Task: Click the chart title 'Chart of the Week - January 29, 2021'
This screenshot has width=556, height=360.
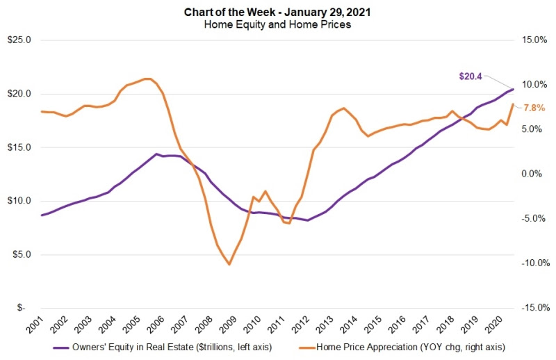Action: click(278, 12)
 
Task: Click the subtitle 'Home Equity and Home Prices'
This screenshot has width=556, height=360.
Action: click(278, 24)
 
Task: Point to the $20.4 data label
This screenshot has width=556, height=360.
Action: click(471, 76)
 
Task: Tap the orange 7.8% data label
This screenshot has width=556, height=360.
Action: click(534, 108)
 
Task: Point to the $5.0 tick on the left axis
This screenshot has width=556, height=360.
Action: click(21, 254)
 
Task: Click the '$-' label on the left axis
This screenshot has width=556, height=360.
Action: click(24, 308)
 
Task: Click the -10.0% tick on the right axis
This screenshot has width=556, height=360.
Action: click(534, 263)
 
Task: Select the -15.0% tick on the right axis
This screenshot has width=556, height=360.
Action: click(534, 308)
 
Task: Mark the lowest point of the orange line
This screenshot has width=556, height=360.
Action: click(229, 264)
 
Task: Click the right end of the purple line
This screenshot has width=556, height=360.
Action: click(513, 89)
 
